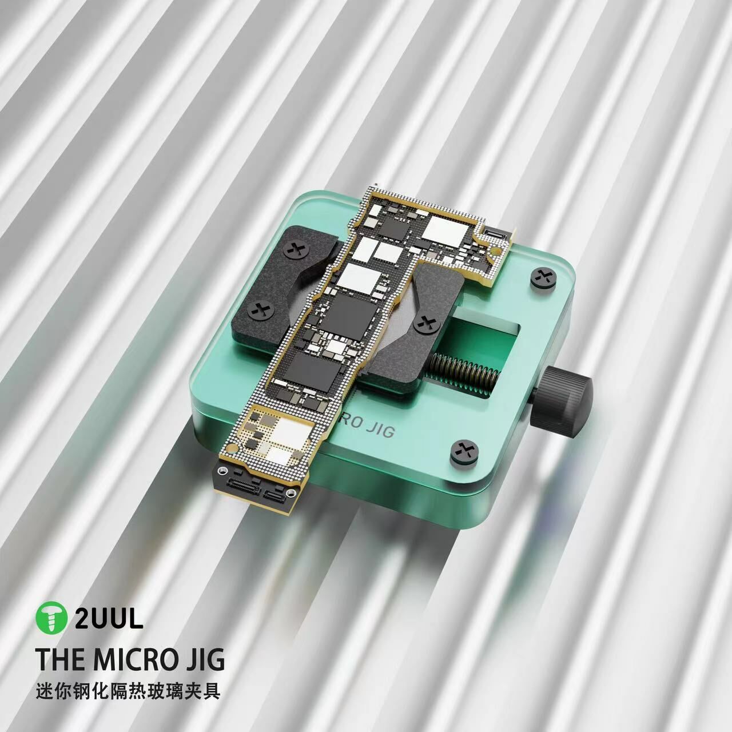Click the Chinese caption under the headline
[x=129, y=691]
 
